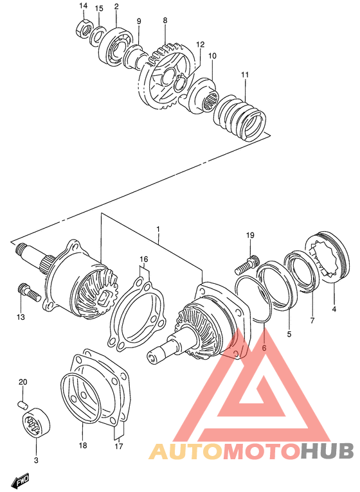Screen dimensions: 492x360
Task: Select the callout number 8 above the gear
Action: click(165, 21)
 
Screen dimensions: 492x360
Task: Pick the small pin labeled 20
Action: click(22, 404)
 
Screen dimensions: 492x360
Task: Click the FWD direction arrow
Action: click(19, 479)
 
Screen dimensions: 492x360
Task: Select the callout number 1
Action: click(158, 229)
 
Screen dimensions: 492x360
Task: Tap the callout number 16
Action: click(144, 260)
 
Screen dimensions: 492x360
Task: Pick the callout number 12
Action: click(201, 45)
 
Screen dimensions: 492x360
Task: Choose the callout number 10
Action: click(212, 56)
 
